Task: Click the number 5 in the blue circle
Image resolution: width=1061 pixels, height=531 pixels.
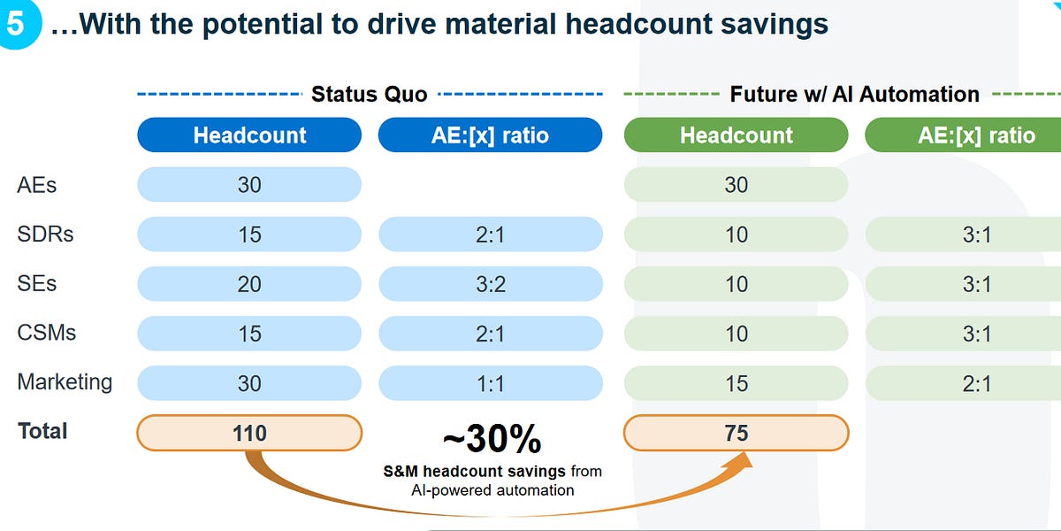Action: click(x=16, y=24)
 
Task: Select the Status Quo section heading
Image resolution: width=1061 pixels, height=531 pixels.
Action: click(x=369, y=94)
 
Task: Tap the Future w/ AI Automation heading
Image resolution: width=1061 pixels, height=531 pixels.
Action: click(x=854, y=94)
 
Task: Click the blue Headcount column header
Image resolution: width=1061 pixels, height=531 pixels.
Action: click(x=249, y=135)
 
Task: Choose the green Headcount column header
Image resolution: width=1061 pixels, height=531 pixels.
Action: click(x=736, y=135)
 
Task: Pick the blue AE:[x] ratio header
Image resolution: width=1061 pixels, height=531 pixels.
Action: click(x=490, y=135)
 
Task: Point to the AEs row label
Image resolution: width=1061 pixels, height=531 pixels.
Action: click(x=37, y=185)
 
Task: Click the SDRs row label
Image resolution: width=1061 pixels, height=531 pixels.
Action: click(x=45, y=235)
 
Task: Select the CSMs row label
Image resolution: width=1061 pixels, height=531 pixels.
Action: click(x=47, y=333)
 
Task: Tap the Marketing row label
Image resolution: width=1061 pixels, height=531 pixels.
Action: click(x=65, y=382)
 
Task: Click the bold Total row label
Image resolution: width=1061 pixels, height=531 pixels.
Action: click(x=42, y=431)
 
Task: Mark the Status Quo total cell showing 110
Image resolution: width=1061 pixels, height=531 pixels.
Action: click(x=249, y=433)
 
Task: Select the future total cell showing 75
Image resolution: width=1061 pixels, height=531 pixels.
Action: click(x=736, y=433)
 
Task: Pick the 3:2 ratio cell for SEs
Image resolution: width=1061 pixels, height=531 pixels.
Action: click(x=490, y=284)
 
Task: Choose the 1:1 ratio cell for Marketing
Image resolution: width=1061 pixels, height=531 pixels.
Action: click(x=490, y=383)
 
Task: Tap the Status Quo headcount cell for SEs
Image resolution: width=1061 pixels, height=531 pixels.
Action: click(x=249, y=284)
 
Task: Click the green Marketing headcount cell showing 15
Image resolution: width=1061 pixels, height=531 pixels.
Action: click(x=736, y=383)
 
